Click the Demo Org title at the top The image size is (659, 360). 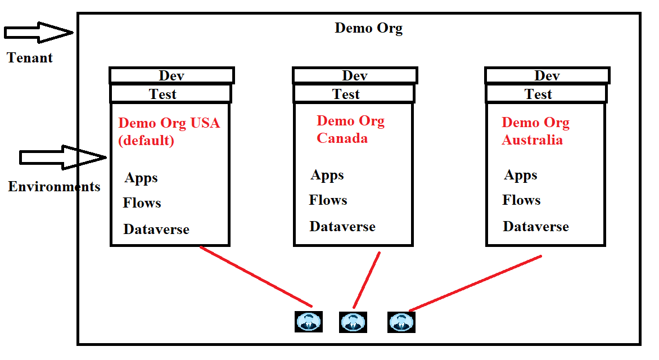368,28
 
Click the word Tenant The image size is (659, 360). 30,57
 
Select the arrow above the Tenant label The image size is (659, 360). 38,32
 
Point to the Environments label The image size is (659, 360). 54,187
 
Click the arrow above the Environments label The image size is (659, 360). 62,157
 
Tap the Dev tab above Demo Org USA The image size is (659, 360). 171,75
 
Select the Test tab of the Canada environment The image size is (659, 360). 346,94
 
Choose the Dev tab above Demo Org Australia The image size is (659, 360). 547,75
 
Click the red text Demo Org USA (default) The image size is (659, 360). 168,131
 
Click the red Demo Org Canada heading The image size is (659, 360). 350,129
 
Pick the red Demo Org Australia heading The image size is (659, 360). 535,131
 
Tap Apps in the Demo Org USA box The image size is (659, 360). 141,178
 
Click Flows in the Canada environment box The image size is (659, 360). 328,200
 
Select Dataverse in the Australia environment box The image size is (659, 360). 535,227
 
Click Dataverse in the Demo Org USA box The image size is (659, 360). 156,229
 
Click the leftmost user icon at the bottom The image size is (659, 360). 309,322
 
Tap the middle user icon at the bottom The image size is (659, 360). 353,322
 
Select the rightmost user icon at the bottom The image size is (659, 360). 401,322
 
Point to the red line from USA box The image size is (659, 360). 256,276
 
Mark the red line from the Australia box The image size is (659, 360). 475,283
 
